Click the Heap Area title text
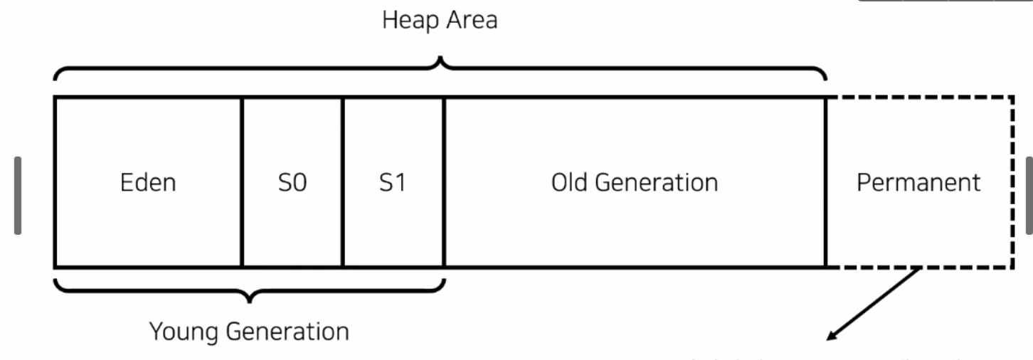tap(440, 21)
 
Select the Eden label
tap(149, 183)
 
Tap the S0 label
tap(292, 183)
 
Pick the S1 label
tap(391, 183)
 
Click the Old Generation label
tap(635, 183)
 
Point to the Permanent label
tap(918, 183)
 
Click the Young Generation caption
tap(249, 332)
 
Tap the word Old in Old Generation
tap(571, 183)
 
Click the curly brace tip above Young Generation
tap(249, 299)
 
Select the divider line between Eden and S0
tap(242, 183)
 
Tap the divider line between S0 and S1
tap(342, 183)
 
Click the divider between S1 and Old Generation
tap(444, 183)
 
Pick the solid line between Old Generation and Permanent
tap(826, 183)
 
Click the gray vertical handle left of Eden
tap(18, 195)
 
